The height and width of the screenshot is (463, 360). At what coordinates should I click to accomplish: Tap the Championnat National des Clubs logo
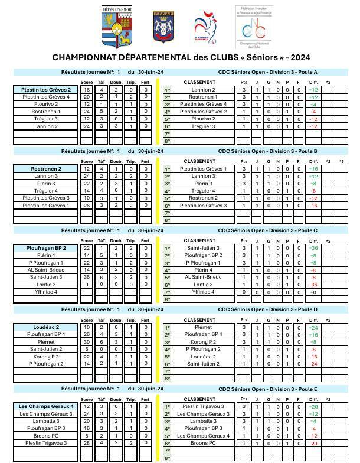point(254,27)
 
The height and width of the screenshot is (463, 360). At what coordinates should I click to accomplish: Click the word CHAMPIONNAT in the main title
point(87,57)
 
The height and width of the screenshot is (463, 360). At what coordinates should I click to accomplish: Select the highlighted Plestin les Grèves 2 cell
point(46,90)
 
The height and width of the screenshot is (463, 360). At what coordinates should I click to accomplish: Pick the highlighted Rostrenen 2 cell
point(46,169)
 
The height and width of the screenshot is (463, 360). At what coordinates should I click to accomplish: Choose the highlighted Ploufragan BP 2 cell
point(46,248)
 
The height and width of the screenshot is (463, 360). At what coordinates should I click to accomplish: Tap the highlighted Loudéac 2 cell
point(46,327)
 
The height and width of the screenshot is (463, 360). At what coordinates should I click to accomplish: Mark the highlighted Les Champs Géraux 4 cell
point(46,406)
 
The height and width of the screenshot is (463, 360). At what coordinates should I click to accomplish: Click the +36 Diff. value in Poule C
point(313,248)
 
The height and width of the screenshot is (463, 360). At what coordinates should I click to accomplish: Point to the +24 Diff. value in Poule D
point(313,327)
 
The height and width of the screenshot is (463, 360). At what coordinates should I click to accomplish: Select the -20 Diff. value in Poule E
point(313,443)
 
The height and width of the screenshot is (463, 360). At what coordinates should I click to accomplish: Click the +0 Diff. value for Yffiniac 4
point(313,292)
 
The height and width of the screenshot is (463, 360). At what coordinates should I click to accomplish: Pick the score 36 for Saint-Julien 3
point(87,277)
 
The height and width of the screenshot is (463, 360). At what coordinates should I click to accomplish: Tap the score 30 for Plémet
point(87,342)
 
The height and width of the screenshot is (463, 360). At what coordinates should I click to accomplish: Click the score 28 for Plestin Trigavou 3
point(87,443)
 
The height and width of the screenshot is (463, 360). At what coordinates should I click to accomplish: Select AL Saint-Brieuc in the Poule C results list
point(46,270)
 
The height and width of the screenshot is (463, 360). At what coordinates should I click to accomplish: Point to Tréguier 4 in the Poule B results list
point(46,191)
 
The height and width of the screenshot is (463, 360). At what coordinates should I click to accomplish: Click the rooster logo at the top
point(205,27)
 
